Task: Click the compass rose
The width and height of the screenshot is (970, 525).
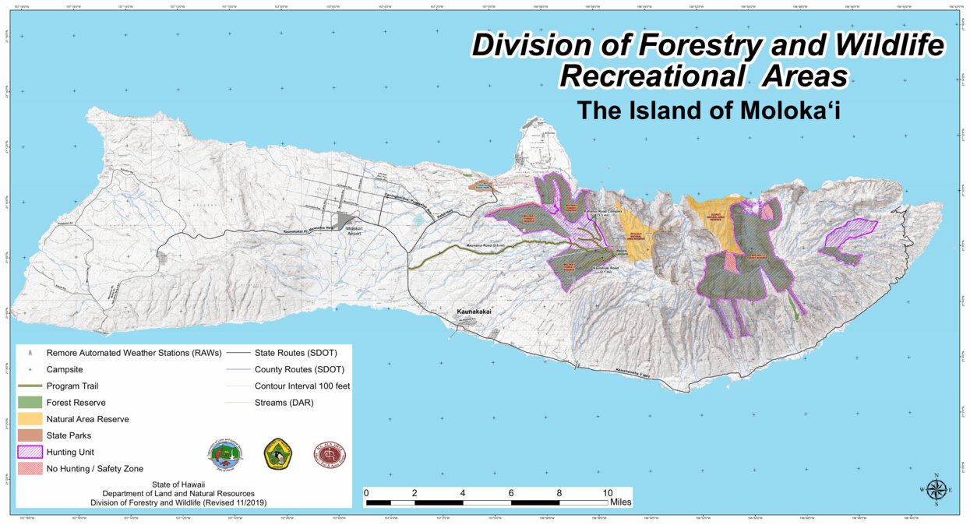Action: [936, 490]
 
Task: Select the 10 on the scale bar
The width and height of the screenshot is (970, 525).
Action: [608, 492]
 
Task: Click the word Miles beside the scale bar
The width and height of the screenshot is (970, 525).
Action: [621, 502]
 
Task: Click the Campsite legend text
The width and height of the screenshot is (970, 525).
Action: [65, 369]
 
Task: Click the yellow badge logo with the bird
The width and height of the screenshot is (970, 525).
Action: [278, 453]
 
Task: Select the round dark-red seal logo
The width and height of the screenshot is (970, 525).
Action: [329, 453]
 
